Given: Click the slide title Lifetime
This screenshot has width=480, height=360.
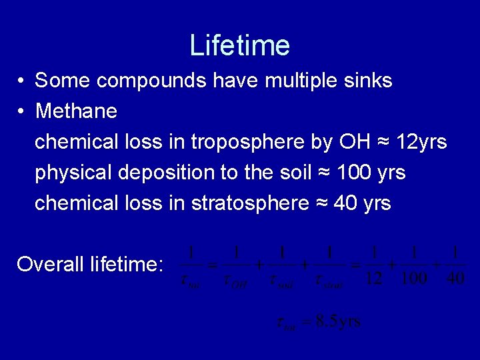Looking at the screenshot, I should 239,45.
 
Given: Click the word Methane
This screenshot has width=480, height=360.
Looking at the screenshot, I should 76,111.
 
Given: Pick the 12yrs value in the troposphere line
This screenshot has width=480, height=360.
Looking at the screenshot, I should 421,142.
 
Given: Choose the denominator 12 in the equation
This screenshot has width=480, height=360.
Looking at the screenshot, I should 374,278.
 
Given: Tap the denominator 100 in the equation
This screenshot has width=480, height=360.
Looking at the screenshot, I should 414,278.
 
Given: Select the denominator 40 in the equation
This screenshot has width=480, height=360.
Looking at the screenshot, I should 454,278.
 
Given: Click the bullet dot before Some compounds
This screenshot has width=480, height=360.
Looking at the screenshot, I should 21,82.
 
